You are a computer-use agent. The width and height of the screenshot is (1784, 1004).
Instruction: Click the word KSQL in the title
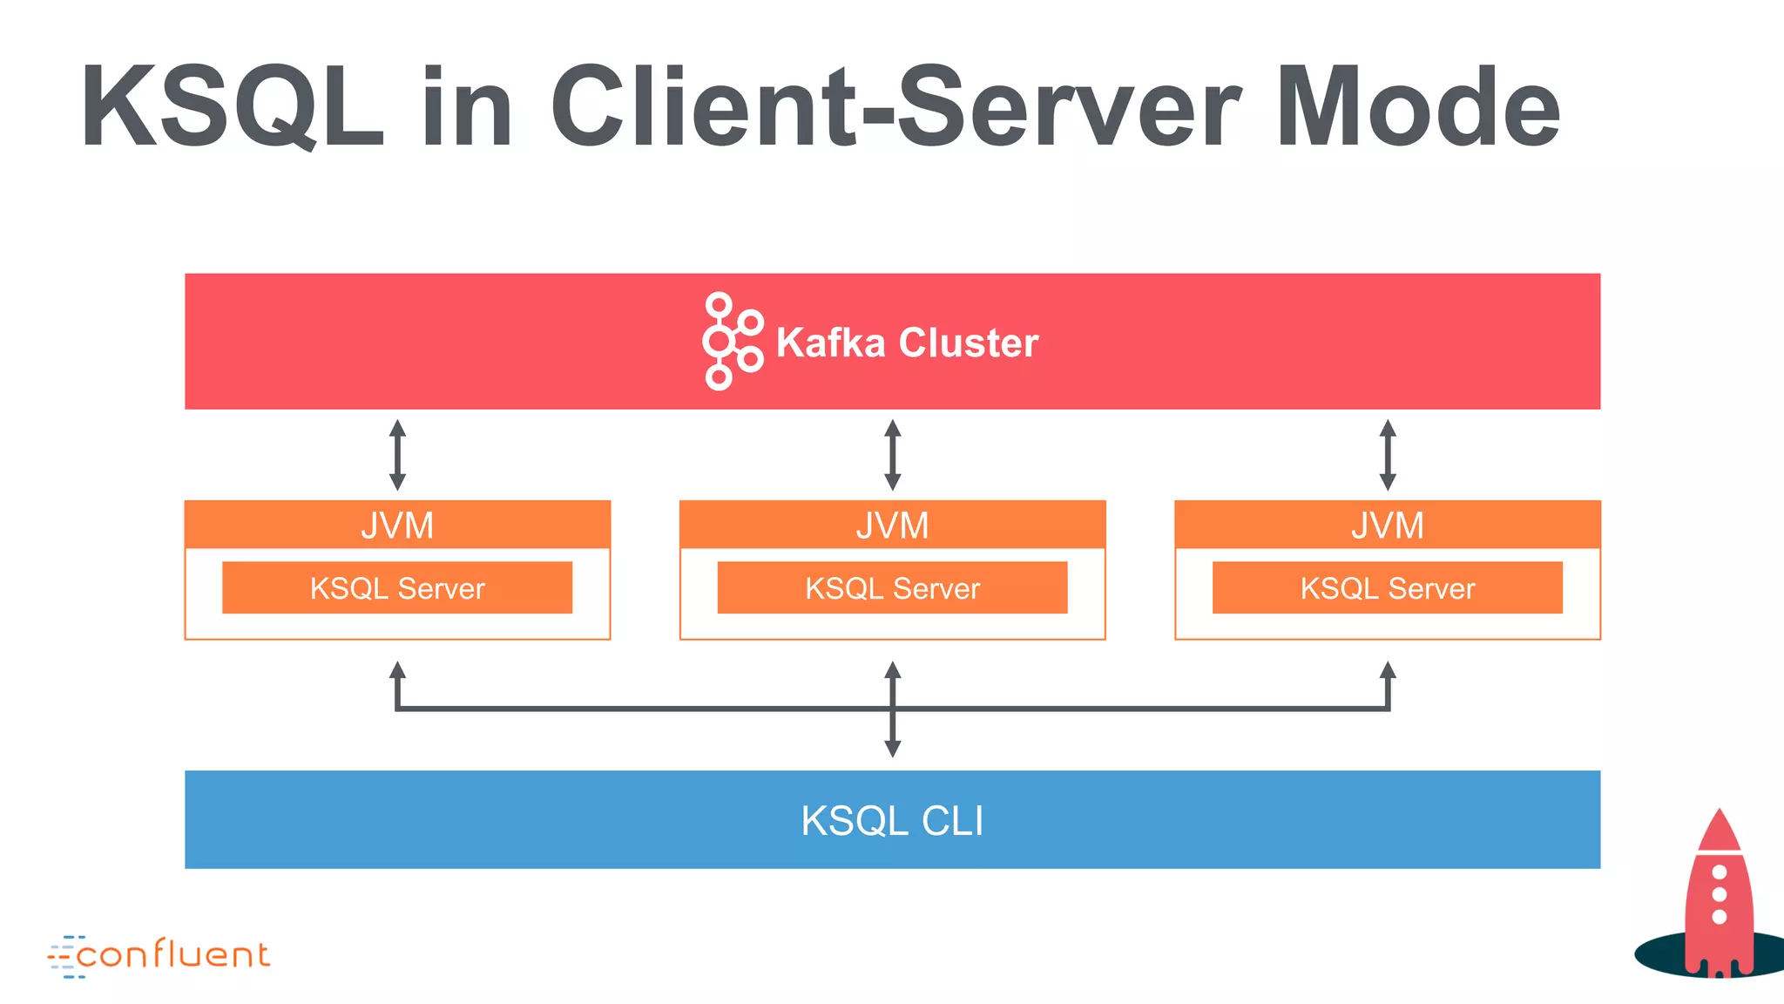click(x=232, y=108)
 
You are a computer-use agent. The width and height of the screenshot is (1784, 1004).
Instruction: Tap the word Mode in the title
click(x=1417, y=108)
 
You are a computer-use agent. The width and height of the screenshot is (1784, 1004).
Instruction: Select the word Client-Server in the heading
click(x=895, y=108)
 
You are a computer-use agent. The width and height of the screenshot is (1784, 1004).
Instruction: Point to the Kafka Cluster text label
click(x=907, y=343)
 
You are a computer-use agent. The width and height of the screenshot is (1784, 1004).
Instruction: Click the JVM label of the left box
click(x=397, y=526)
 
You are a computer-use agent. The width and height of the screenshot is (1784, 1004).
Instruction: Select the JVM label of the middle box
click(x=892, y=526)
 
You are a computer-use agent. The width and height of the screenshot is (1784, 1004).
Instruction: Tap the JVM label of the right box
click(x=1387, y=526)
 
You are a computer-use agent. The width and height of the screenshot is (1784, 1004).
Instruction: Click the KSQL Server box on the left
click(x=397, y=588)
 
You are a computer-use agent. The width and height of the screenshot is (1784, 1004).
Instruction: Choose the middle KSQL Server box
click(x=892, y=588)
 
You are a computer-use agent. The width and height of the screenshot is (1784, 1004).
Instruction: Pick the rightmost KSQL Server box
click(x=1387, y=588)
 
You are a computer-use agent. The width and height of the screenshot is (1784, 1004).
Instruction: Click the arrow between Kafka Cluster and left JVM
click(x=397, y=455)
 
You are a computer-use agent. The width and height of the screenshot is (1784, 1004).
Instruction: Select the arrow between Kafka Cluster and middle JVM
click(x=892, y=455)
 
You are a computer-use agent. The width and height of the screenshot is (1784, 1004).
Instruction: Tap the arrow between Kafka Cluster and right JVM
click(x=1388, y=455)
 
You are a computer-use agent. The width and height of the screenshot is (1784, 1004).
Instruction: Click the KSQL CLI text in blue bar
click(x=892, y=820)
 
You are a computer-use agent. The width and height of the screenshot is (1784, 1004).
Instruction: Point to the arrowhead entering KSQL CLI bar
click(x=892, y=748)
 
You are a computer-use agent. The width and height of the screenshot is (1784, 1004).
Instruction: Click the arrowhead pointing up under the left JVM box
click(x=397, y=670)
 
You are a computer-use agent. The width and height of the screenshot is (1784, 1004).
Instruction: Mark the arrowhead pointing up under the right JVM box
click(x=1388, y=670)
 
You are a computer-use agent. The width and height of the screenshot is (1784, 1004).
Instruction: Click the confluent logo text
click(x=172, y=955)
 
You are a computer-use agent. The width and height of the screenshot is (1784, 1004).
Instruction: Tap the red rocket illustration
click(x=1718, y=898)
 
